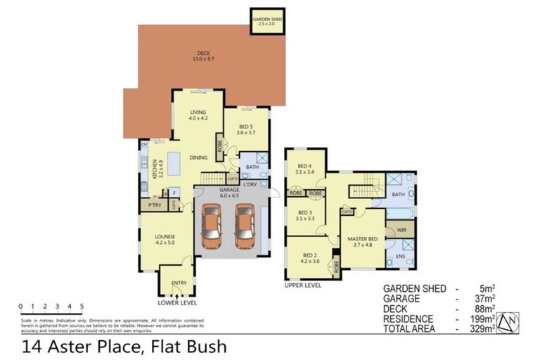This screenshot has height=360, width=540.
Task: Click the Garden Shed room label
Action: point(268,20)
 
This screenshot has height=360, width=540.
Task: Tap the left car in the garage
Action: point(211,226)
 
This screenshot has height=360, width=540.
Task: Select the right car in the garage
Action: point(244,226)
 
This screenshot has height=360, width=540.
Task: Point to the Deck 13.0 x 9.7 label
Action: point(203,56)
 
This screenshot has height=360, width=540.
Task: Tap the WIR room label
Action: point(401,229)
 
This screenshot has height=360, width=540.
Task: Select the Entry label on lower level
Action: point(179,283)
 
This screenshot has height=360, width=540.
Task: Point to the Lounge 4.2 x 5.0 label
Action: point(166,239)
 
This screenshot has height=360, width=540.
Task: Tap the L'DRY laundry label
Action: point(250,184)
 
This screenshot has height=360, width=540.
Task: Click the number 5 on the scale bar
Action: point(82,307)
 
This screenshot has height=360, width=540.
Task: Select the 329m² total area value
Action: point(484,328)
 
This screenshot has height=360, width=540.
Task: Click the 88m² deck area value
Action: point(484,308)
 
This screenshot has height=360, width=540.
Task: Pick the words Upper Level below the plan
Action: point(303,286)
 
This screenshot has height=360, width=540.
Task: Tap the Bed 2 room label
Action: point(311,258)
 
